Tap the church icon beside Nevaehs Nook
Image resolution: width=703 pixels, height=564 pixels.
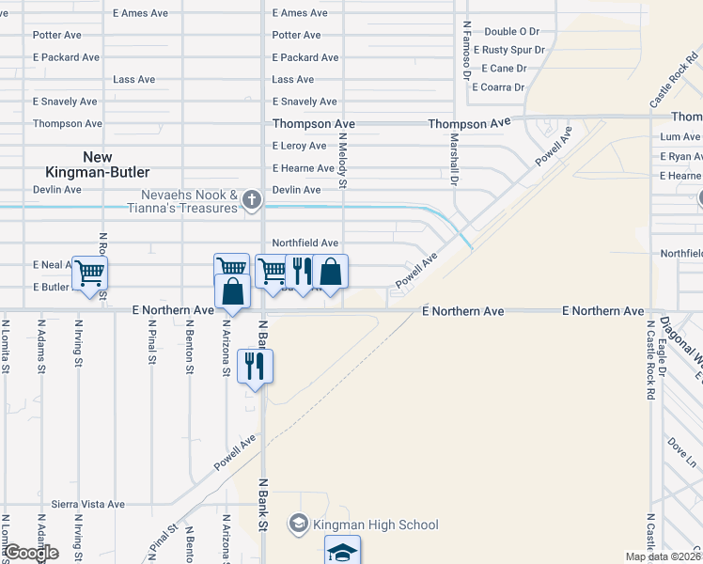click(x=251, y=199)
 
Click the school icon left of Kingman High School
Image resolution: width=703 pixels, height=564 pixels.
click(x=299, y=524)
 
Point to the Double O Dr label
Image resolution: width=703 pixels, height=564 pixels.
click(x=512, y=31)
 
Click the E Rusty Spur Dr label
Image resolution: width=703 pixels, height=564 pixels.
click(x=508, y=50)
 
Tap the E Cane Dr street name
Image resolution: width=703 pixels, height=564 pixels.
click(x=505, y=69)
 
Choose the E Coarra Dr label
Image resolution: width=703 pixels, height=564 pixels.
click(x=498, y=87)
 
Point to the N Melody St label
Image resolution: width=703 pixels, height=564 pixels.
click(x=344, y=160)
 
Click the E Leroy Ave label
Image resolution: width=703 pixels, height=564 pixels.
click(x=300, y=146)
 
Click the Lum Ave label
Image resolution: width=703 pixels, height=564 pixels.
click(x=680, y=137)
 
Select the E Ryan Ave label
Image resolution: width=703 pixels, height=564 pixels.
click(x=680, y=156)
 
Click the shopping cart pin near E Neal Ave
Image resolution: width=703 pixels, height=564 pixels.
click(x=90, y=274)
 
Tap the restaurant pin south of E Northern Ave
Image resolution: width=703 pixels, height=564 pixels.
click(x=255, y=366)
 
